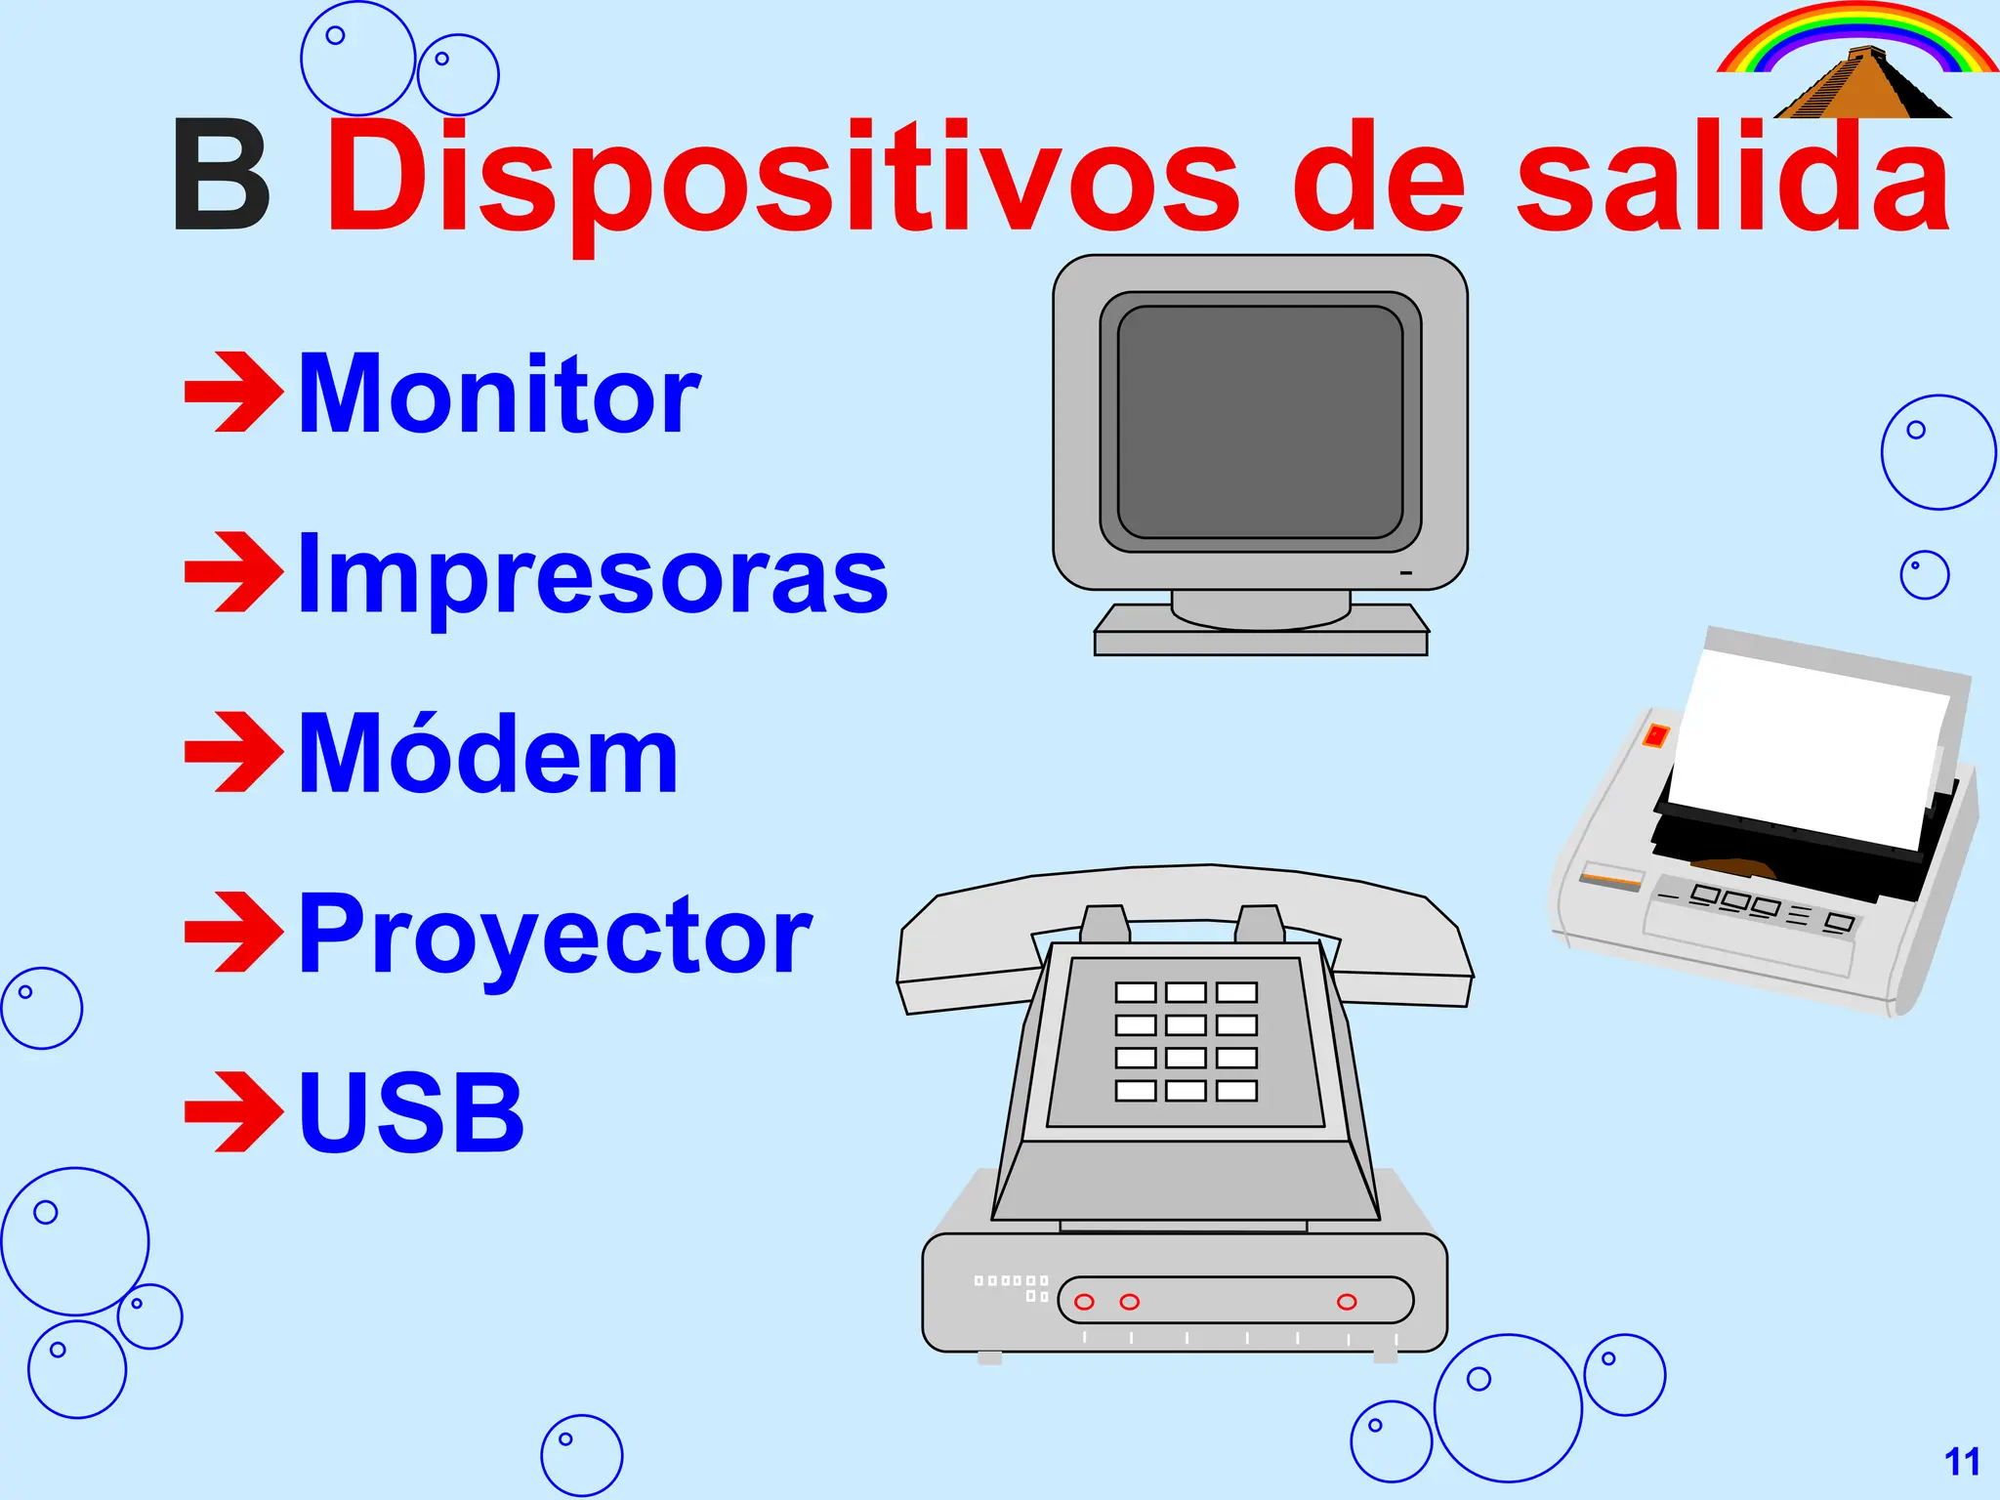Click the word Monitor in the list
499,395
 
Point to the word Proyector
555,935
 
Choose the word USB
411,1112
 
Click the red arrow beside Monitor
233,393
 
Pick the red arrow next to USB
233,1111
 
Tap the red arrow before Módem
233,752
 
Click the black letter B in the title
222,177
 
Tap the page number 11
1962,1462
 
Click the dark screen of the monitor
1260,422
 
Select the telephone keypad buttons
1186,1041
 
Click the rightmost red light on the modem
1347,1302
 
